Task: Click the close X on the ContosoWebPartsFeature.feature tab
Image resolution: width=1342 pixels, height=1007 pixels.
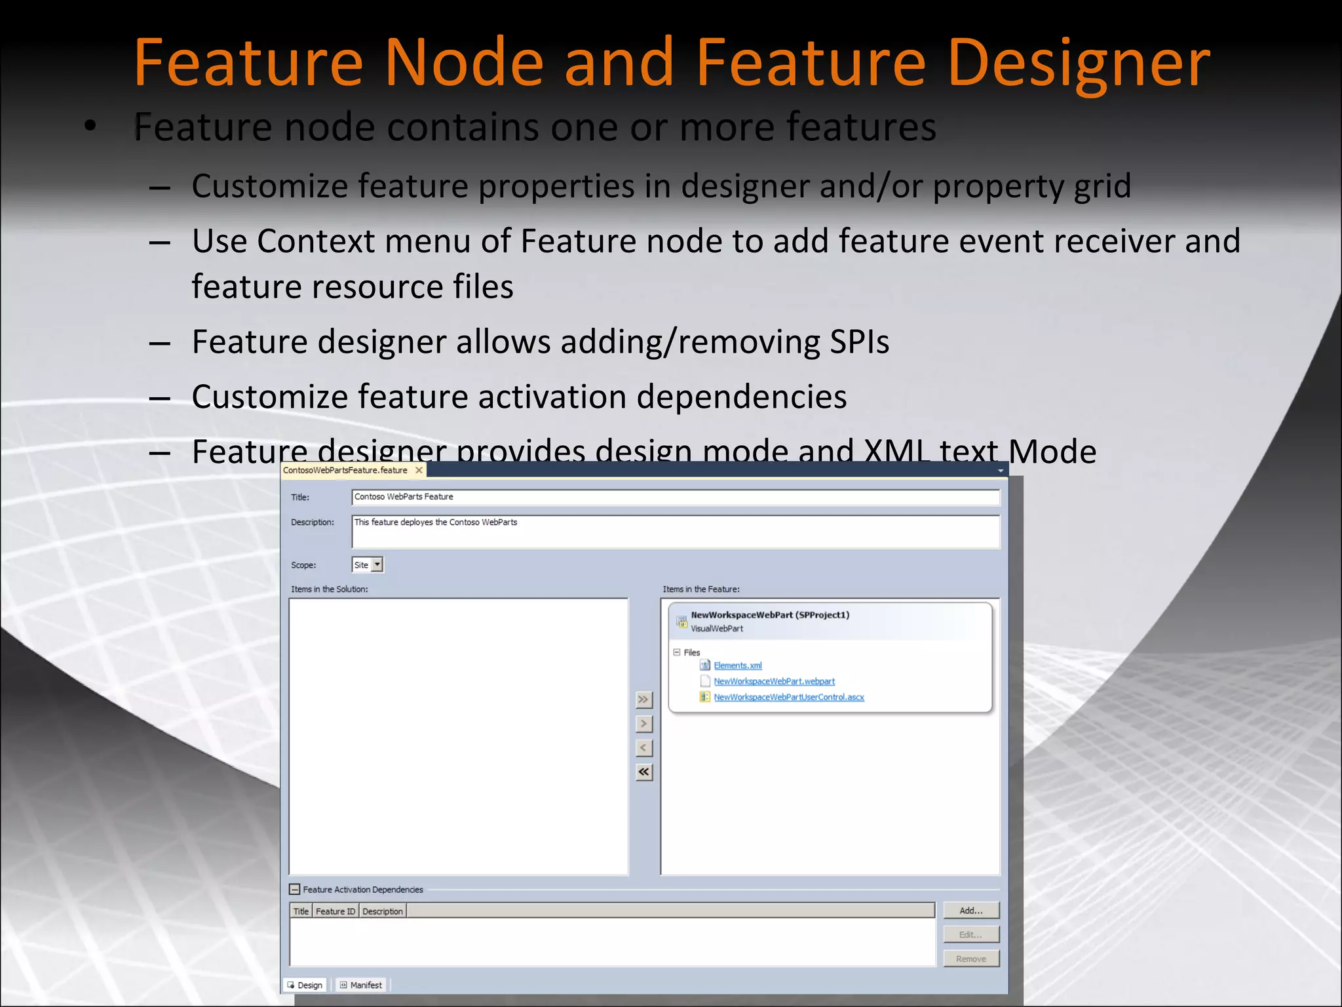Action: pyautogui.click(x=419, y=470)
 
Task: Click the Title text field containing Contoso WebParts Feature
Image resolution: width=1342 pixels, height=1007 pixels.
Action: pyautogui.click(x=675, y=497)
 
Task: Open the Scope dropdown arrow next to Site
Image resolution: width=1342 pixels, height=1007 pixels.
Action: pyautogui.click(x=377, y=564)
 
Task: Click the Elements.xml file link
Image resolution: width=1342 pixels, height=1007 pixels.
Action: pyautogui.click(x=737, y=665)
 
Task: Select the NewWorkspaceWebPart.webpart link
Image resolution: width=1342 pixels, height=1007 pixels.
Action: pyautogui.click(x=774, y=681)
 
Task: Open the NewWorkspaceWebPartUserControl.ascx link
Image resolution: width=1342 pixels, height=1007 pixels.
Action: pyautogui.click(x=788, y=697)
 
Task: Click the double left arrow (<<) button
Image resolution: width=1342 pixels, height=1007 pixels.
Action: pyautogui.click(x=644, y=772)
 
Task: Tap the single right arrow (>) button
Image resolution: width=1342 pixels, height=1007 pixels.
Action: pyautogui.click(x=644, y=724)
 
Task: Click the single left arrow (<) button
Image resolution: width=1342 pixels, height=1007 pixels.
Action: pyautogui.click(x=644, y=748)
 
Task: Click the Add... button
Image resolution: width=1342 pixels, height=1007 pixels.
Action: pyautogui.click(x=970, y=911)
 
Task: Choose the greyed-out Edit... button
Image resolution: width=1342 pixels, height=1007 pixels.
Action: pyautogui.click(x=970, y=934)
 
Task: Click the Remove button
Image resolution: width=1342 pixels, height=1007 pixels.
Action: pyautogui.click(x=970, y=958)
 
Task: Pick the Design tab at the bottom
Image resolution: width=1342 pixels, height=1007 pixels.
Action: pyautogui.click(x=305, y=985)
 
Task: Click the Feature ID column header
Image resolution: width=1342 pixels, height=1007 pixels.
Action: pyautogui.click(x=335, y=911)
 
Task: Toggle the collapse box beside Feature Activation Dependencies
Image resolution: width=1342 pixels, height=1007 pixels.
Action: pyautogui.click(x=295, y=890)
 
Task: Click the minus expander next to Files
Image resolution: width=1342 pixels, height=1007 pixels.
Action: pyautogui.click(x=677, y=652)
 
